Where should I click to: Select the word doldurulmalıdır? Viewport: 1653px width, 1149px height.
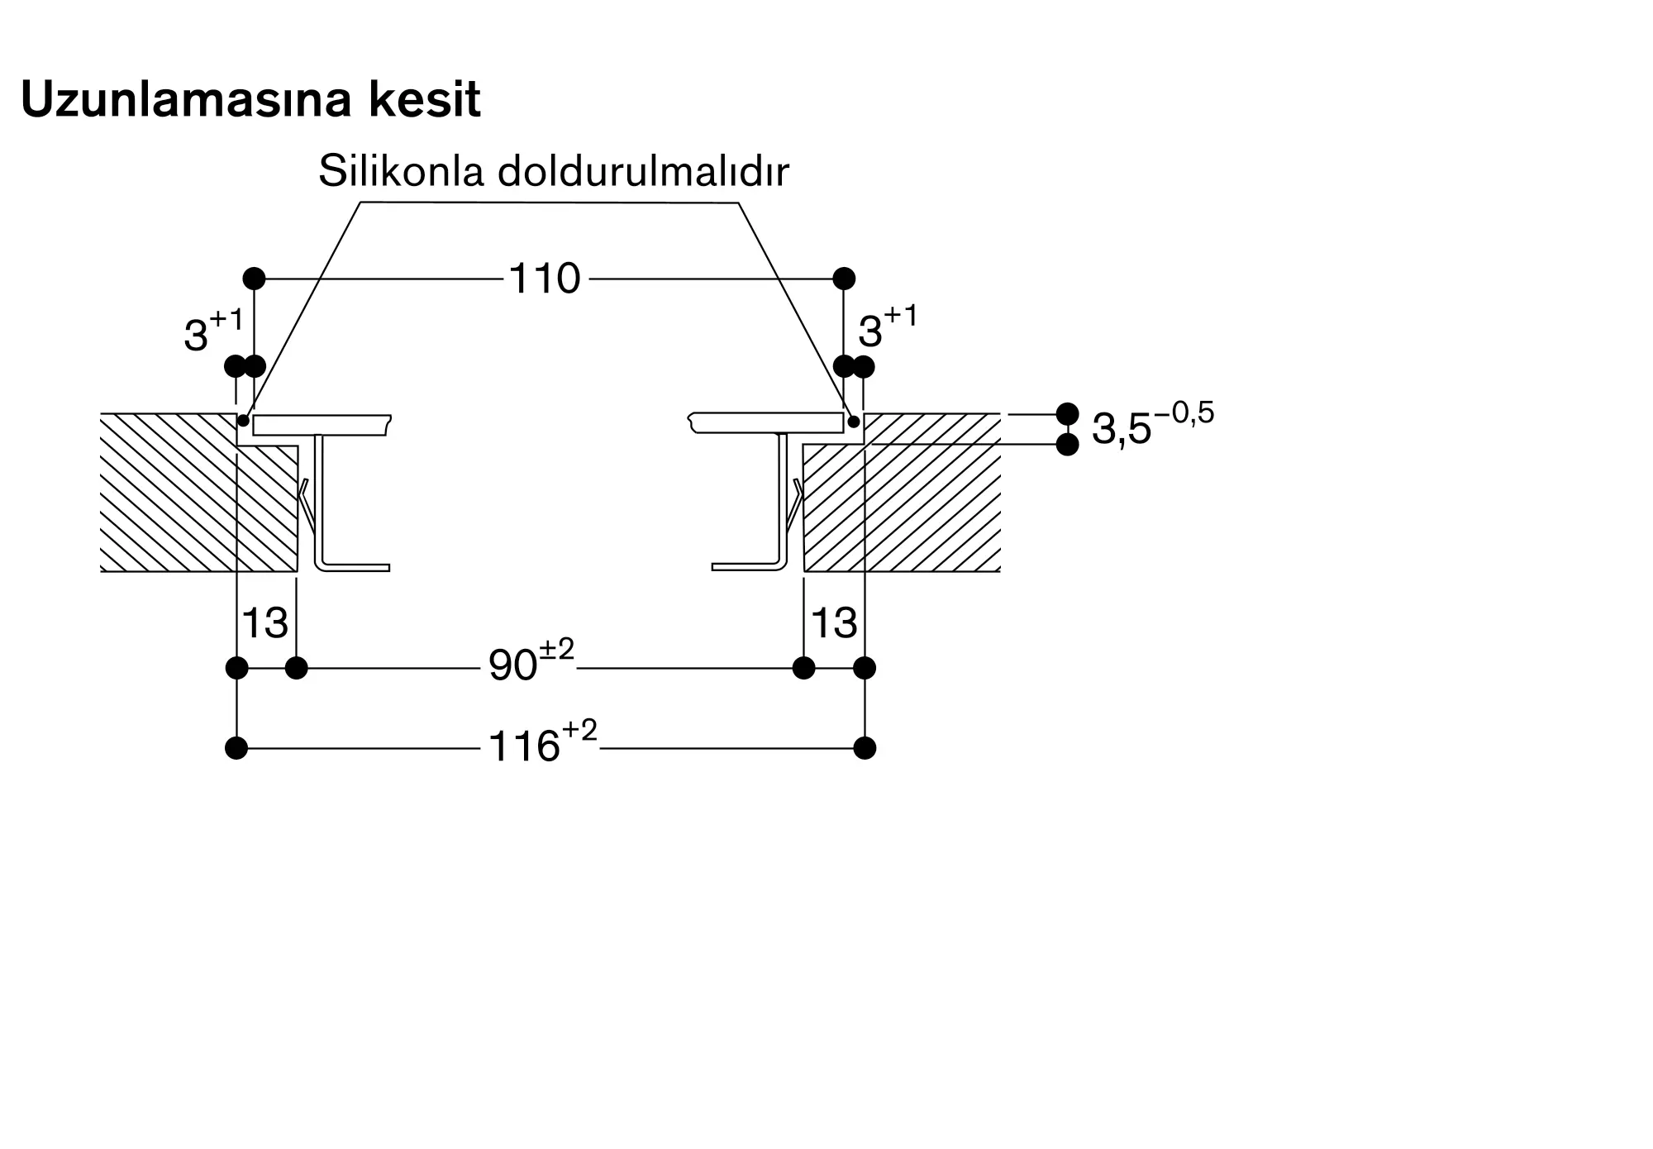[x=643, y=172]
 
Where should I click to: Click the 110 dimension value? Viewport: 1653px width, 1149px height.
[x=544, y=279]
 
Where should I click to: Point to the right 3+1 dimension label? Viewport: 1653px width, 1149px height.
[x=887, y=327]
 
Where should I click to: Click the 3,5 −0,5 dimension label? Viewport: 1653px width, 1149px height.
[x=1152, y=426]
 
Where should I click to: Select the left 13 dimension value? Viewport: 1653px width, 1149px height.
[x=264, y=622]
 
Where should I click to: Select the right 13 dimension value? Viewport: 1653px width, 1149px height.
[x=833, y=622]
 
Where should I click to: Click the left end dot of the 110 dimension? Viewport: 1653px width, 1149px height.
[x=254, y=279]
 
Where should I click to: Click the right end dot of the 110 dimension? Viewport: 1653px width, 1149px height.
[x=844, y=279]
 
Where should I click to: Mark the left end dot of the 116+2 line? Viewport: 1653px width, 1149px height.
[x=236, y=749]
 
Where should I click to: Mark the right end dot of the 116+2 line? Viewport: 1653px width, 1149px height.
[x=865, y=749]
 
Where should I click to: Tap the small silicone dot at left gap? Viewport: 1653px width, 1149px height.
[x=244, y=421]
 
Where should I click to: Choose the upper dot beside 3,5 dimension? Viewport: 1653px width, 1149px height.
[x=1068, y=413]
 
